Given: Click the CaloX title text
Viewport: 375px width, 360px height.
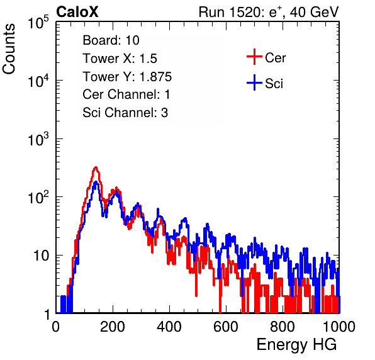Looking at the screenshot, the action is point(77,12).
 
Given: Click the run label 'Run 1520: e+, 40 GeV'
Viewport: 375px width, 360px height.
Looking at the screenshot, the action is point(269,12).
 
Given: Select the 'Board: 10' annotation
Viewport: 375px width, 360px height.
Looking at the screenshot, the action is point(111,40).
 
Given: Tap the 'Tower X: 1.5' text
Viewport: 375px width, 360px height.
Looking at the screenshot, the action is point(120,59).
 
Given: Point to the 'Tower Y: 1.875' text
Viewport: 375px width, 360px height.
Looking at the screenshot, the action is point(127,77).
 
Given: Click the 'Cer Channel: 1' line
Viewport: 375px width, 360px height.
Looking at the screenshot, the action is point(126,94).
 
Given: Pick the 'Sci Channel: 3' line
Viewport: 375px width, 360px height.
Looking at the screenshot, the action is point(125,113).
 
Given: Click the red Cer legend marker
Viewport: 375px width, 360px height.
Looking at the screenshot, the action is point(254,57).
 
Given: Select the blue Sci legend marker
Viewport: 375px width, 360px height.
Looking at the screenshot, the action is point(254,83).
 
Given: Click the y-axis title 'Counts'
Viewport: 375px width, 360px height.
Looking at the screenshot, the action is point(9,49).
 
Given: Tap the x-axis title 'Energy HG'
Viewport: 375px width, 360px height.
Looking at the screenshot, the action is point(296,344).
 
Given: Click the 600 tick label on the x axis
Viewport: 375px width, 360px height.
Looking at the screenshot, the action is point(226,327).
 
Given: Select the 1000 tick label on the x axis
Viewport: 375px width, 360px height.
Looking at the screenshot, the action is point(339,327).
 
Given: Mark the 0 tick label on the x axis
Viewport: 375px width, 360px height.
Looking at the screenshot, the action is point(56,327).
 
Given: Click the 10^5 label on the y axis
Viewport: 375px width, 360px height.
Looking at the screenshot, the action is point(38,22).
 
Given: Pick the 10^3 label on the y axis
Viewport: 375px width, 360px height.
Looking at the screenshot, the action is point(38,139).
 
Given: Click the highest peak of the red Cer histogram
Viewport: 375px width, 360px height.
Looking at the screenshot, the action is point(96,167).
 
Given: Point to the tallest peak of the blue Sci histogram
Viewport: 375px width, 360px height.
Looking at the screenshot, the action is point(96,183).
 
